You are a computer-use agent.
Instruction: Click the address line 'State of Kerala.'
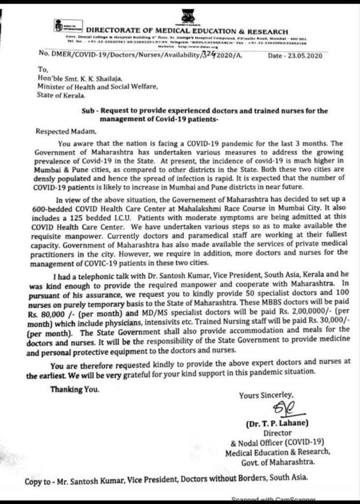pos(58,95)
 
